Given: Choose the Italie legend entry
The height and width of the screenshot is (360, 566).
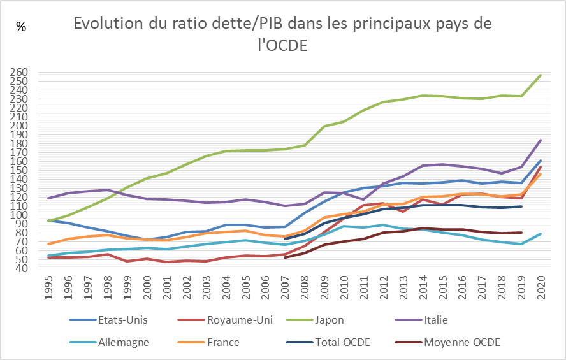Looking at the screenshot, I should [x=440, y=319].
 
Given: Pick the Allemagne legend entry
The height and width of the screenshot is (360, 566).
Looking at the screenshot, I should [x=124, y=342].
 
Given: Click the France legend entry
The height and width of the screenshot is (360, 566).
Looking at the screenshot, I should [x=223, y=342].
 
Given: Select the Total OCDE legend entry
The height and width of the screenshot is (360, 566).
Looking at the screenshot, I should [x=342, y=342].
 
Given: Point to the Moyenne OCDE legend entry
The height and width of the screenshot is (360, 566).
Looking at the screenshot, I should [x=461, y=342].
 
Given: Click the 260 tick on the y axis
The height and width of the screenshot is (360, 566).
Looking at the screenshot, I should [x=19, y=73].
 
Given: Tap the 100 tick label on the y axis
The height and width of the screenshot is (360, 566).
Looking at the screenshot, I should [x=19, y=215].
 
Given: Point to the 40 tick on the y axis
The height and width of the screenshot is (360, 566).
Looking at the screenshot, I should [x=21, y=268].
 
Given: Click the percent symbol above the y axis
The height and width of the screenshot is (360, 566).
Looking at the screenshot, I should [x=22, y=27].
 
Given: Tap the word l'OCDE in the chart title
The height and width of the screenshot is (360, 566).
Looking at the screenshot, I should [x=280, y=46].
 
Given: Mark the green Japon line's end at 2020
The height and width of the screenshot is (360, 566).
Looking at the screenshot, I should [x=541, y=75].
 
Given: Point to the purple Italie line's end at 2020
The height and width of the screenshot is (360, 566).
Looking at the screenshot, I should [x=541, y=140].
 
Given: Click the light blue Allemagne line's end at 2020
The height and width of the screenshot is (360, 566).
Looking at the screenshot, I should [x=541, y=234].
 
